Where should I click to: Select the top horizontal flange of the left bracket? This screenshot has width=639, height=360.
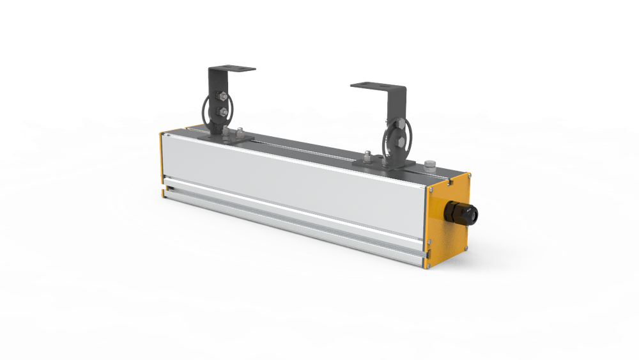pos(233,68)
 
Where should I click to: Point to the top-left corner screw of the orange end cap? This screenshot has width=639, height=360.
pos(432,186)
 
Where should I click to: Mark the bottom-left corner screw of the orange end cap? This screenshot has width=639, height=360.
pos(430,262)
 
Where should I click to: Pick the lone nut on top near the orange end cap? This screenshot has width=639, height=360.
pos(429,165)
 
